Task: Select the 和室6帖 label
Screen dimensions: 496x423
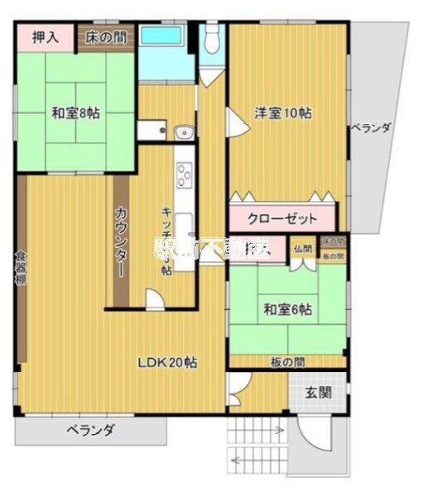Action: pos(287,309)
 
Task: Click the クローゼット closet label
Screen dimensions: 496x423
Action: pos(283,219)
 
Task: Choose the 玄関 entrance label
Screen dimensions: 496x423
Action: pos(317,392)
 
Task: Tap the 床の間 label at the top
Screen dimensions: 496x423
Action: pos(106,36)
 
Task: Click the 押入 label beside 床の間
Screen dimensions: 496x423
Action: pos(45,36)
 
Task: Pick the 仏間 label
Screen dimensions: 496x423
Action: pos(303,249)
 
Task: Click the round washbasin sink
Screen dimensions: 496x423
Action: pos(184,130)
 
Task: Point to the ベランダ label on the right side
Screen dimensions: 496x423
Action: pos(370,128)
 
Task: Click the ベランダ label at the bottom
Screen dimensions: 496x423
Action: pos(91,430)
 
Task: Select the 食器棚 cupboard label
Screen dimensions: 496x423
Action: pos(21,267)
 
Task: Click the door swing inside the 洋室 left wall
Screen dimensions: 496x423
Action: pos(235,124)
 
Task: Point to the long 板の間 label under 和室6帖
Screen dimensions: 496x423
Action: pos(286,361)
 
